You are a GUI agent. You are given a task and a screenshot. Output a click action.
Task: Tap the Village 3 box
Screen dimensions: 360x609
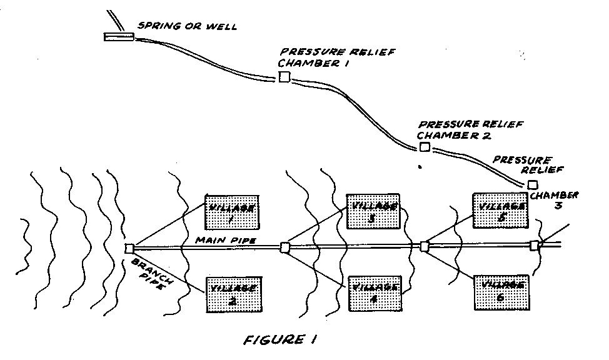pos(373,211)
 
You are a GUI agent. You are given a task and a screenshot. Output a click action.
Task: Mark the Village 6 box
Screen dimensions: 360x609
pos(501,292)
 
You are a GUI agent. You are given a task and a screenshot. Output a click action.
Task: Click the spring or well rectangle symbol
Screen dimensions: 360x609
pos(119,37)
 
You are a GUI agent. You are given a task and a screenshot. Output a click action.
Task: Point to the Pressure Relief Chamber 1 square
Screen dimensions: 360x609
pos(284,77)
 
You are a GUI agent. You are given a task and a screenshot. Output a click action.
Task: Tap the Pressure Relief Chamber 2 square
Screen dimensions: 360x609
pos(425,147)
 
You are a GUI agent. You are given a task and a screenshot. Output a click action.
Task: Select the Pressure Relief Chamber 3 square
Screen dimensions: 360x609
pos(532,184)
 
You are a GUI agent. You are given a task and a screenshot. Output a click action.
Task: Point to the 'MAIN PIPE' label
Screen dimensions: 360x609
pos(216,241)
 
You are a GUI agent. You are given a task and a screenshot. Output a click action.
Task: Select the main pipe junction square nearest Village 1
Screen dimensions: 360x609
pos(129,248)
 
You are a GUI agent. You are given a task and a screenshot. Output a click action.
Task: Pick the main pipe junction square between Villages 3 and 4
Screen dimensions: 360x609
pos(285,247)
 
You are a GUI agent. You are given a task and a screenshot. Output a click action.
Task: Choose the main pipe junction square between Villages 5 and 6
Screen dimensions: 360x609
pos(425,247)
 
